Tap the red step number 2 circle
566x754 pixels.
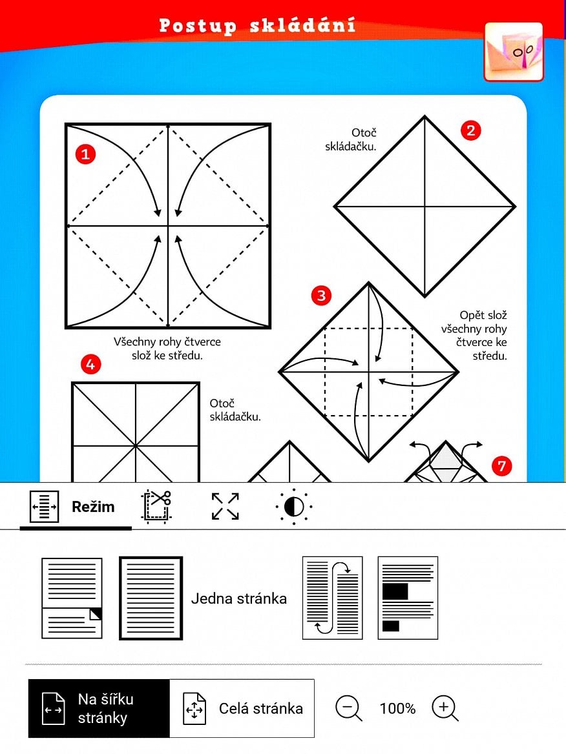470,130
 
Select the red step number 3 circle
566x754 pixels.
320,296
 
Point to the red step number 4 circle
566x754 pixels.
90,365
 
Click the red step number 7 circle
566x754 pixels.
501,465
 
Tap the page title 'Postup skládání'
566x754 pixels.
257,26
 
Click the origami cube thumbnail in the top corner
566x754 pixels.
514,52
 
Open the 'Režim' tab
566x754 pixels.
75,507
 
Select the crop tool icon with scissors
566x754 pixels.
156,506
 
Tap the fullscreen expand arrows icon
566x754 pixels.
225,506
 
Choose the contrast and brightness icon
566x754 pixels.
293,507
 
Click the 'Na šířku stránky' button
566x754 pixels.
99,708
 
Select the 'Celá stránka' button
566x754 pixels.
242,708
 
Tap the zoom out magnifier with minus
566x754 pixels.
348,708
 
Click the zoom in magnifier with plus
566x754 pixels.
445,708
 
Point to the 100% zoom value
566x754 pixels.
397,708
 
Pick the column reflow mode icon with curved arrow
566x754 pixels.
332,598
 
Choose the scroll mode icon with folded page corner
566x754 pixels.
72,598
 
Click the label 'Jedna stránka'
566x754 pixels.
238,598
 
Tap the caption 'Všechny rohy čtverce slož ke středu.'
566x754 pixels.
167,348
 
